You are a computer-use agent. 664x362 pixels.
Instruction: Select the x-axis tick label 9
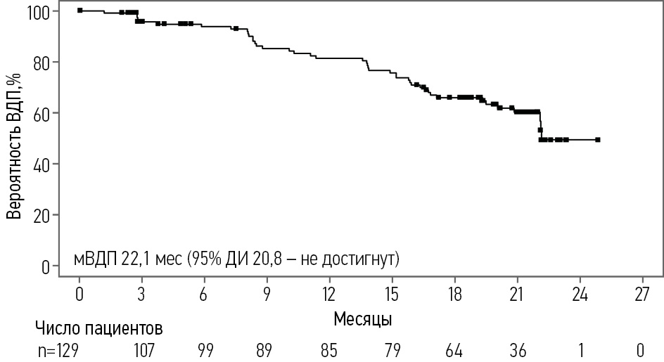click(x=267, y=294)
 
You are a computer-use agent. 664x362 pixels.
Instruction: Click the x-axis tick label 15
click(x=392, y=294)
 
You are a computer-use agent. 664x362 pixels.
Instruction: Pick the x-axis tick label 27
click(x=641, y=294)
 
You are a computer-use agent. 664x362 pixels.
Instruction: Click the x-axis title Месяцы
click(x=363, y=318)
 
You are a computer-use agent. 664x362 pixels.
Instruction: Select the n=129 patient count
click(x=56, y=349)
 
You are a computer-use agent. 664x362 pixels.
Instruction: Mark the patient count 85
click(x=329, y=349)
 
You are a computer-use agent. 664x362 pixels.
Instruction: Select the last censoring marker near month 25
click(x=597, y=140)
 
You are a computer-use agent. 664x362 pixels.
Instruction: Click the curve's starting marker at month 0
click(x=79, y=11)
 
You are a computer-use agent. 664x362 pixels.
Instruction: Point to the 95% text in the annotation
click(x=211, y=259)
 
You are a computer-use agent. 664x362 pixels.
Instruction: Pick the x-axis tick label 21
click(x=517, y=294)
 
